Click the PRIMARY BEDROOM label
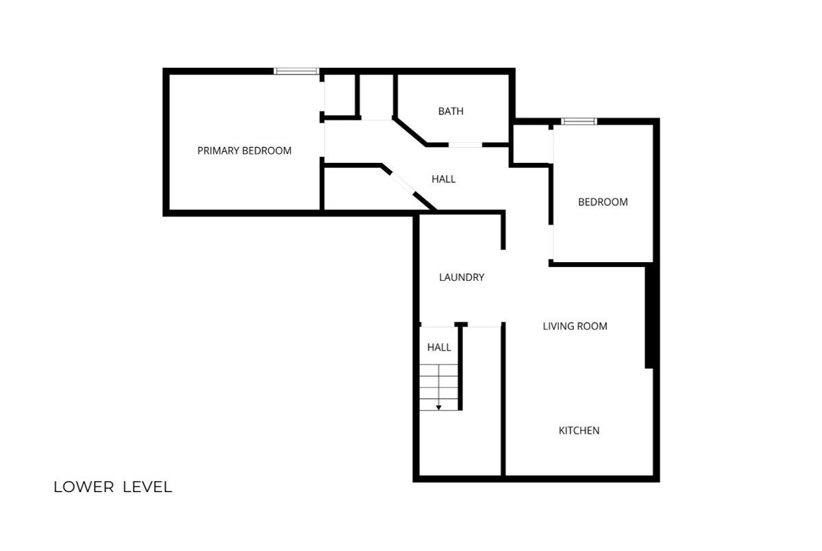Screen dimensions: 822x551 245,151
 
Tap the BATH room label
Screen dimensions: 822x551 451,111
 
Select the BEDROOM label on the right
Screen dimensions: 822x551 603,202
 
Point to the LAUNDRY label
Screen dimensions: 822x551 462,277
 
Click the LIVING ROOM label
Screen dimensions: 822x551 575,326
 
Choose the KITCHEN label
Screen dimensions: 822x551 579,431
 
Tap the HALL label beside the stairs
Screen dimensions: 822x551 439,347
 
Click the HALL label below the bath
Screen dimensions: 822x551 443,179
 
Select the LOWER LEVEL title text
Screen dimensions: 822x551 112,487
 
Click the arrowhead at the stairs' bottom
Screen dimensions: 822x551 438,408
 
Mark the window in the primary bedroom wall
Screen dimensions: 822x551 296,71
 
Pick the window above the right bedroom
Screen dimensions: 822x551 579,121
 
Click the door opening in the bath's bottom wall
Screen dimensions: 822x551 465,145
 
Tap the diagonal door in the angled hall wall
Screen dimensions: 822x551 403,182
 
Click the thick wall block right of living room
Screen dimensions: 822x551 649,318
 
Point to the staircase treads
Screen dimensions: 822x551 439,387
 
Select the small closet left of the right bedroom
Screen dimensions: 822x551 531,144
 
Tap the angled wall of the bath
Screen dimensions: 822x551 410,131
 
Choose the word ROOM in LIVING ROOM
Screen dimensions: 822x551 593,326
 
